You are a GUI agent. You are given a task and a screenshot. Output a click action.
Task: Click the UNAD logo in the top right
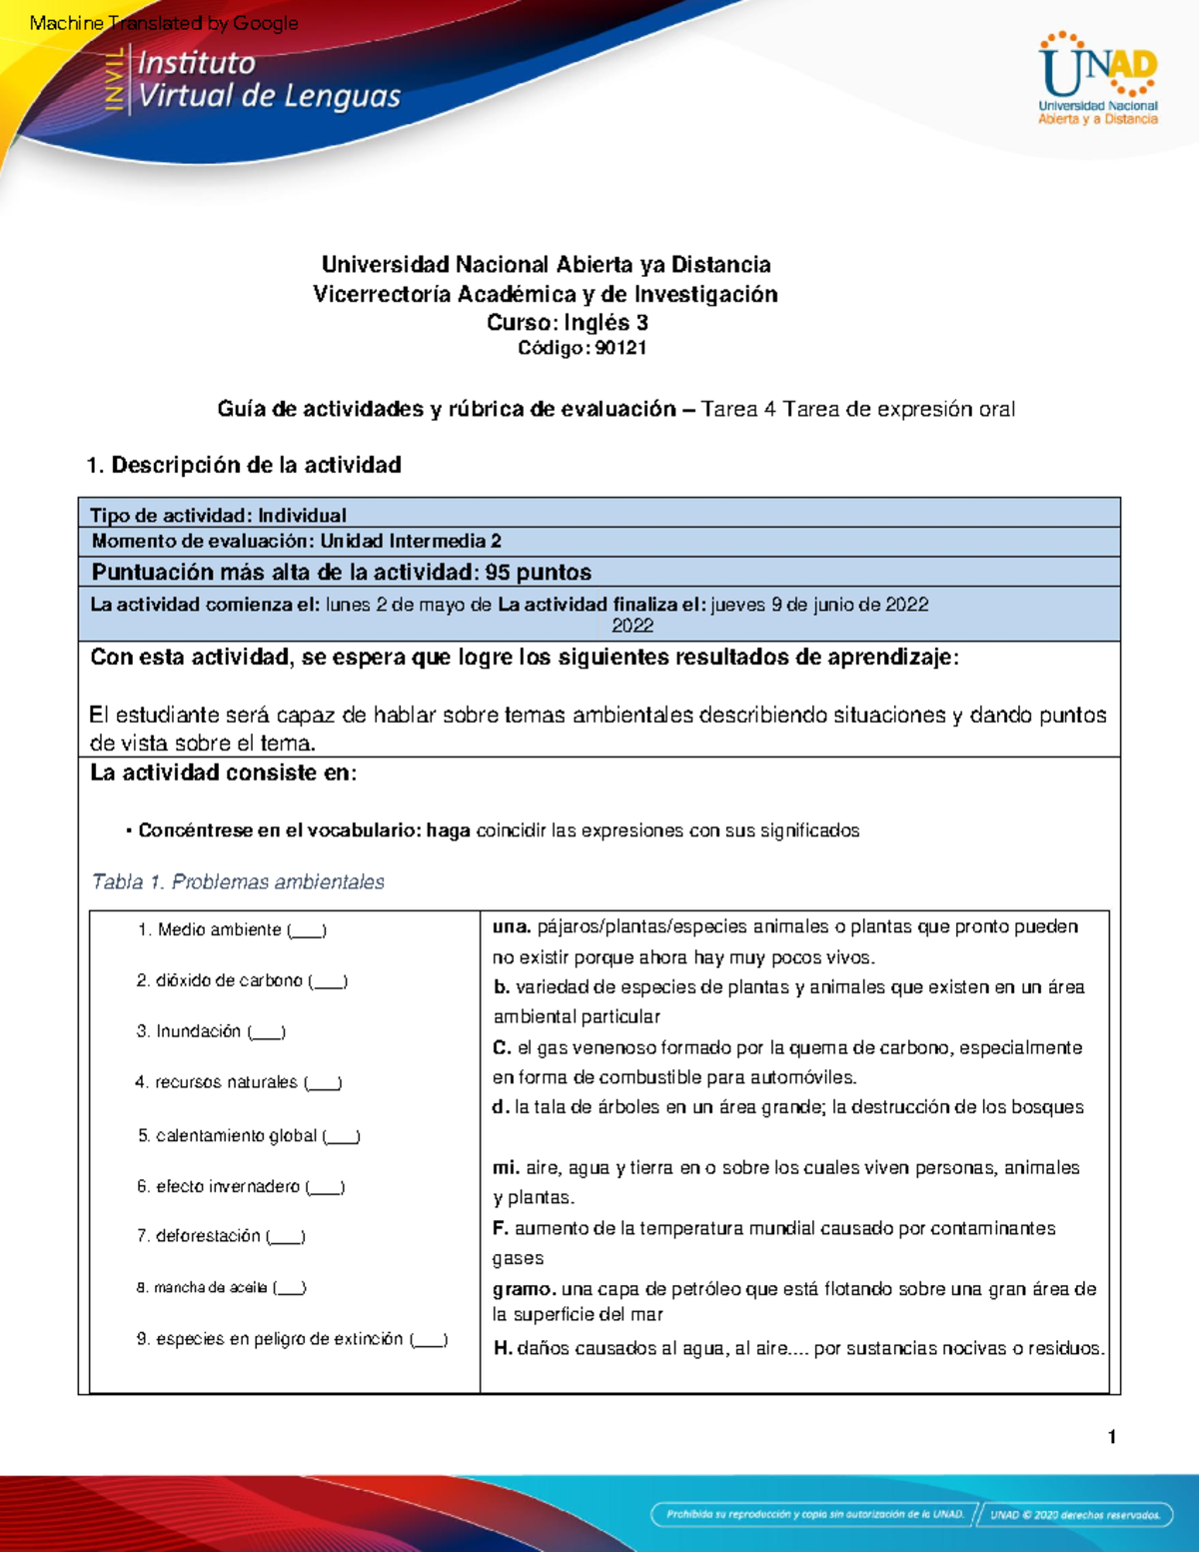pos(1097,79)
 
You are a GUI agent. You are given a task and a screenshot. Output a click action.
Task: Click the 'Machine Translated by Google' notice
pos(164,23)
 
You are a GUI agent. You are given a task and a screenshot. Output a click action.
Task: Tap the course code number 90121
pos(620,348)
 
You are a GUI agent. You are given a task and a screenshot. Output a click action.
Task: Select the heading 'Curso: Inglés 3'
pos(567,322)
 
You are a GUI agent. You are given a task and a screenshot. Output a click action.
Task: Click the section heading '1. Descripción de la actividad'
pos(244,465)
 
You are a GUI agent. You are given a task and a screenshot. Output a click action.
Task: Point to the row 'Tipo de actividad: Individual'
pos(218,515)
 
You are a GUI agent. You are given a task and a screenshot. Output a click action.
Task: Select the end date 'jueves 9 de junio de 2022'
pos(819,605)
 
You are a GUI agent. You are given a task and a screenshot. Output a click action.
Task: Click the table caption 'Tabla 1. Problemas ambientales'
pos(238,881)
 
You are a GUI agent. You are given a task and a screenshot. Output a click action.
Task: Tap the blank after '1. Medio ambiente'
pos(307,931)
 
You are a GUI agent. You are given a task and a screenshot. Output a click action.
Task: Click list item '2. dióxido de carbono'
pos(241,980)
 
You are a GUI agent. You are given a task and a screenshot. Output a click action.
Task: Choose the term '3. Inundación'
pos(211,1031)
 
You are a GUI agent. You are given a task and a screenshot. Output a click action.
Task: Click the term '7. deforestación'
pos(220,1236)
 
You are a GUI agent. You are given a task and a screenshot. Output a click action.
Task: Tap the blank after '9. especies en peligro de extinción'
pos(430,1341)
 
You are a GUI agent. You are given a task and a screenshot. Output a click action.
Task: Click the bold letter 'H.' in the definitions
pos(503,1348)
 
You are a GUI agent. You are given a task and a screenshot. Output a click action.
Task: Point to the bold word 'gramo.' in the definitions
pos(524,1289)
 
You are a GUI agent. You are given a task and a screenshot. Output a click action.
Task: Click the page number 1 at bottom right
pos(1111,1437)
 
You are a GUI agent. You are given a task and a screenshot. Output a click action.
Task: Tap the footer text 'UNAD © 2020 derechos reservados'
pos(1075,1514)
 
